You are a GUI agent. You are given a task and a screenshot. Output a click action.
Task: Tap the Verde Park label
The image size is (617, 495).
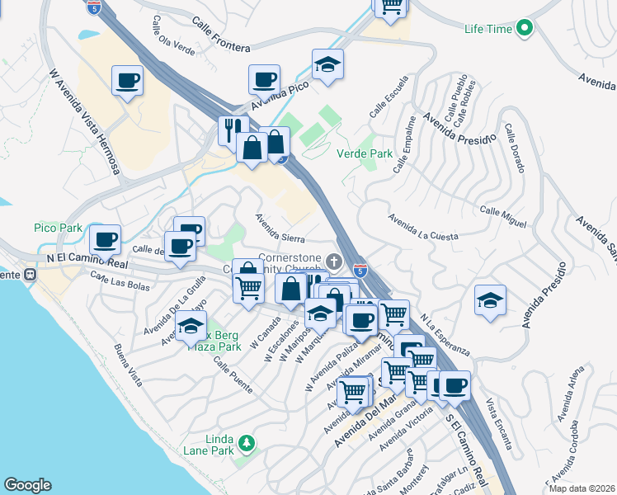pos(365,153)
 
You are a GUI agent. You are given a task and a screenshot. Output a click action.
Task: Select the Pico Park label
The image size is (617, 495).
pos(58,227)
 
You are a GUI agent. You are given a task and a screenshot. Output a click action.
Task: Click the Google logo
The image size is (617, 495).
pos(27,485)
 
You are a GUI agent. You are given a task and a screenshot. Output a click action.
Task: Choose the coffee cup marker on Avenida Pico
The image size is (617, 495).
pos(264,80)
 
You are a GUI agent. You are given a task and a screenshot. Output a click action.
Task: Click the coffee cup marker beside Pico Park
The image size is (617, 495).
pos(105,239)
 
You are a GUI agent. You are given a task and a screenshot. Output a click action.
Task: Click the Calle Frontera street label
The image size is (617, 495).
pos(221,32)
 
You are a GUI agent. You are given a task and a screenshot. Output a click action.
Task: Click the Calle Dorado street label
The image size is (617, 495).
pos(515,148)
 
